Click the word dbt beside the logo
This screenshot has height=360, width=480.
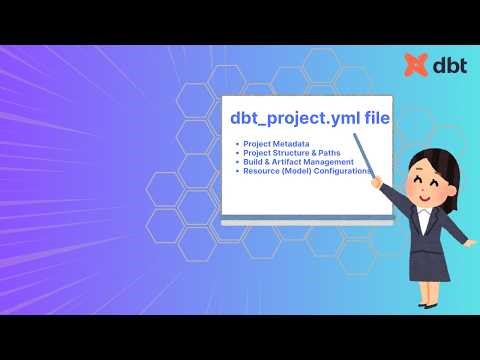(x=446, y=66)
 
